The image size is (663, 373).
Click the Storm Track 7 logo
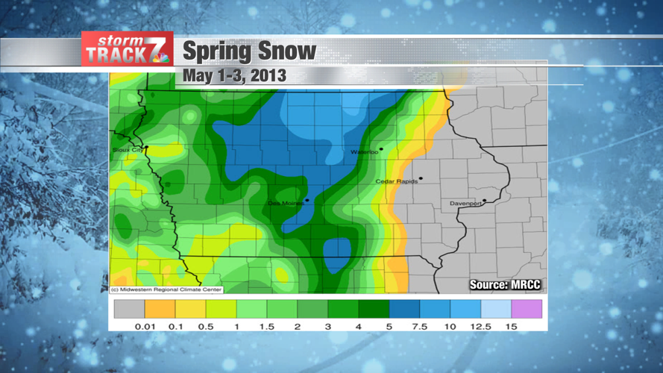click(127, 49)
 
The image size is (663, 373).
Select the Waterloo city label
click(365, 152)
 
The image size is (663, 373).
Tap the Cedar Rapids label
click(396, 181)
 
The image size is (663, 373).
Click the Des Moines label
click(286, 203)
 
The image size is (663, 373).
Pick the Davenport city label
click(465, 204)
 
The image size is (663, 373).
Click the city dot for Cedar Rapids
click(421, 178)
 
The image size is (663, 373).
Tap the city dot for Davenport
click(485, 200)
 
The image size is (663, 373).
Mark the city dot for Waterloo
click(381, 149)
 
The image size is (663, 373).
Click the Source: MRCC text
click(505, 285)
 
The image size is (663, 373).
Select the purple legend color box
click(527, 309)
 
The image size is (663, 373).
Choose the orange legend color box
click(160, 309)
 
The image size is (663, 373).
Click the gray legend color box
click(129, 309)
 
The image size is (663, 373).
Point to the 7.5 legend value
click(419, 327)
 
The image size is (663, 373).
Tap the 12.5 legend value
click(480, 327)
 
